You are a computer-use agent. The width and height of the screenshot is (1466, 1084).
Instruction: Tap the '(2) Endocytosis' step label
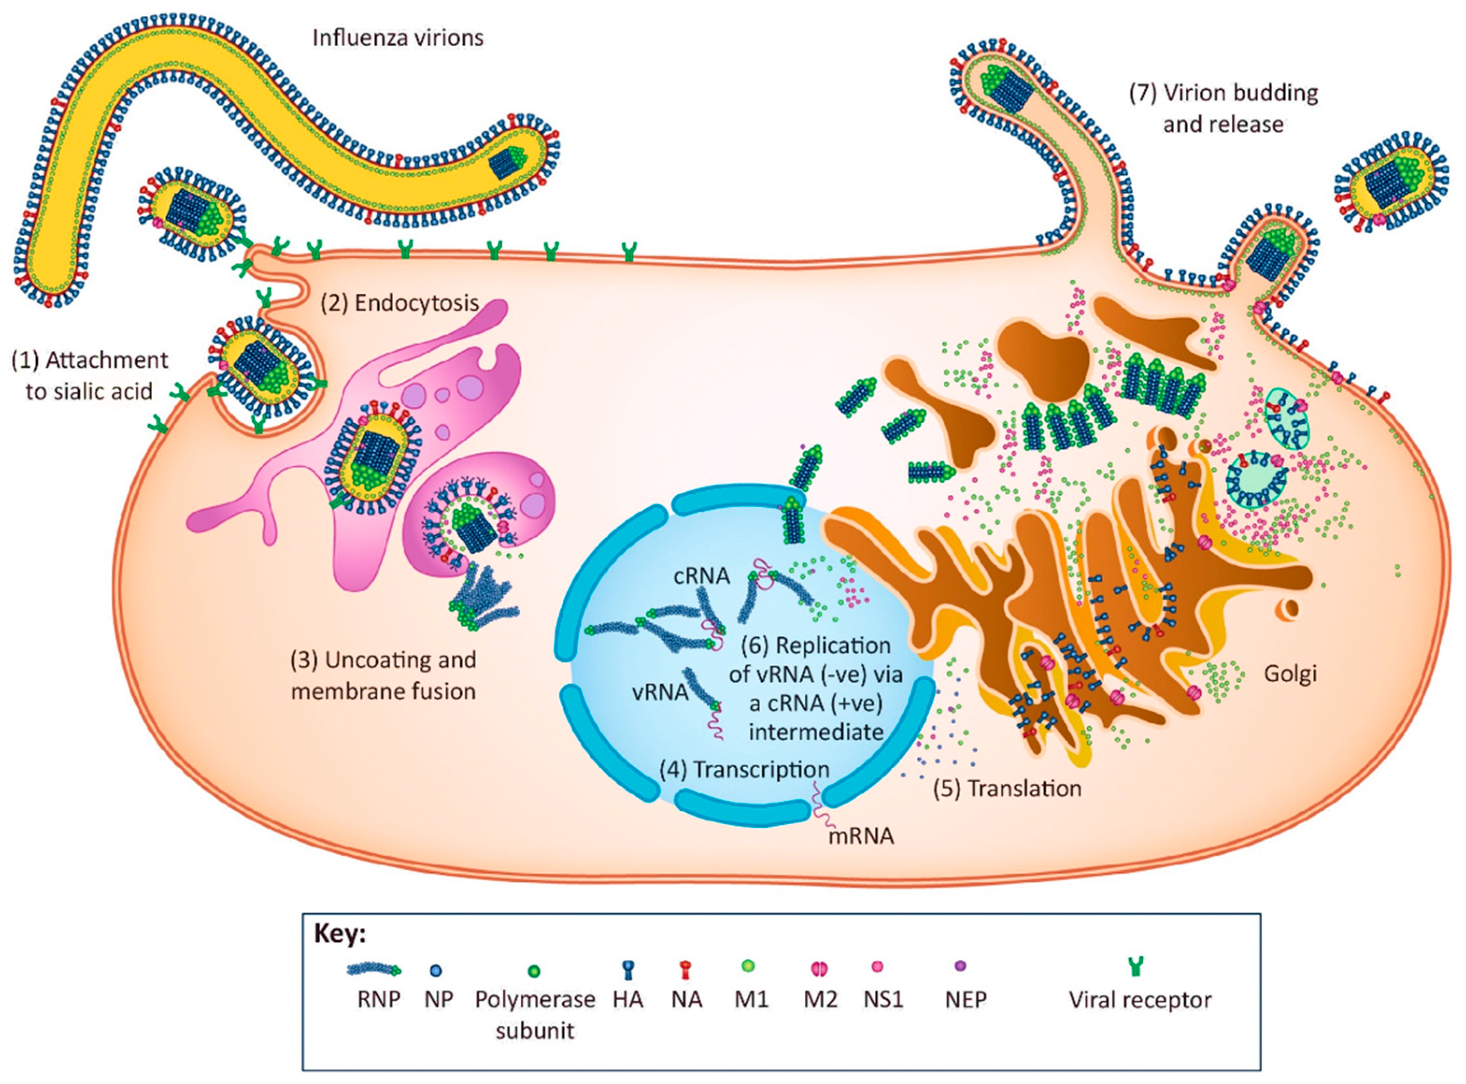(399, 303)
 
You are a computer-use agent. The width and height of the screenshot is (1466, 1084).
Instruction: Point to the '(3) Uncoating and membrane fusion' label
(384, 676)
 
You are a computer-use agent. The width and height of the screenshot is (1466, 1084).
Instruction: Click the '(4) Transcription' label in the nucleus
(744, 770)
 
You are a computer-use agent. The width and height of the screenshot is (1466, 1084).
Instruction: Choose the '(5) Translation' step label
(1007, 788)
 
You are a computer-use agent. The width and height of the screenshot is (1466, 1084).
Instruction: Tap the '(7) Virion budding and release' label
(1223, 108)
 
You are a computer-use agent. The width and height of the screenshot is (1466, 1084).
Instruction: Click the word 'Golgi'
(1290, 673)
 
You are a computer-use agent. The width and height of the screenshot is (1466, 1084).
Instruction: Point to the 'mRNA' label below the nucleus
(861, 836)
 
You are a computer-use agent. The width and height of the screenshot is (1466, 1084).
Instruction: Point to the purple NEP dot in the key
(962, 966)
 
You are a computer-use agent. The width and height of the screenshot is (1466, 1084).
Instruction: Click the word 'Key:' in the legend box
(340, 933)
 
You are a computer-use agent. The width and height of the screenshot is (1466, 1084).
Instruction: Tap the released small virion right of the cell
(1390, 190)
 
